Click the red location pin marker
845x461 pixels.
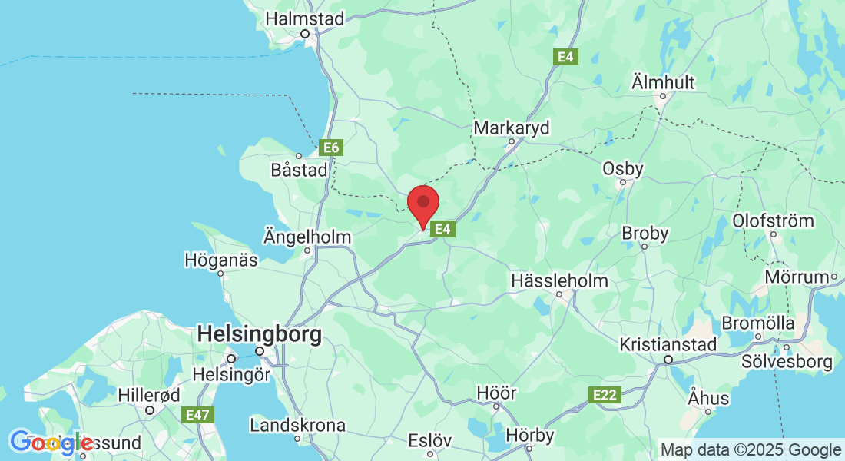[422, 204]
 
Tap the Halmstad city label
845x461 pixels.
[305, 18]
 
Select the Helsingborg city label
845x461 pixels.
[259, 333]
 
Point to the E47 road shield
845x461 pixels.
[197, 415]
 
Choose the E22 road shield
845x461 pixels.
[605, 395]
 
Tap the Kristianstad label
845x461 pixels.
[668, 343]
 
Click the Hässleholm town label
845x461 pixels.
[559, 281]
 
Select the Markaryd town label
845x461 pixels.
[512, 128]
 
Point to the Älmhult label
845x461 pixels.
[662, 81]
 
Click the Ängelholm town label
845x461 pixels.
[307, 237]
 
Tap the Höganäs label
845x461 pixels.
[221, 260]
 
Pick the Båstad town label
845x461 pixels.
[300, 170]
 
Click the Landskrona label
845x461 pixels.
[298, 425]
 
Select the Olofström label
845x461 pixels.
[773, 221]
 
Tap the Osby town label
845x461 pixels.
[623, 168]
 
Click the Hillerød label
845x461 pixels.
[149, 396]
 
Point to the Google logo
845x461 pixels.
[51, 443]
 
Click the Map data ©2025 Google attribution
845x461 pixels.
[751, 450]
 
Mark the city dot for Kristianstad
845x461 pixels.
[668, 359]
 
